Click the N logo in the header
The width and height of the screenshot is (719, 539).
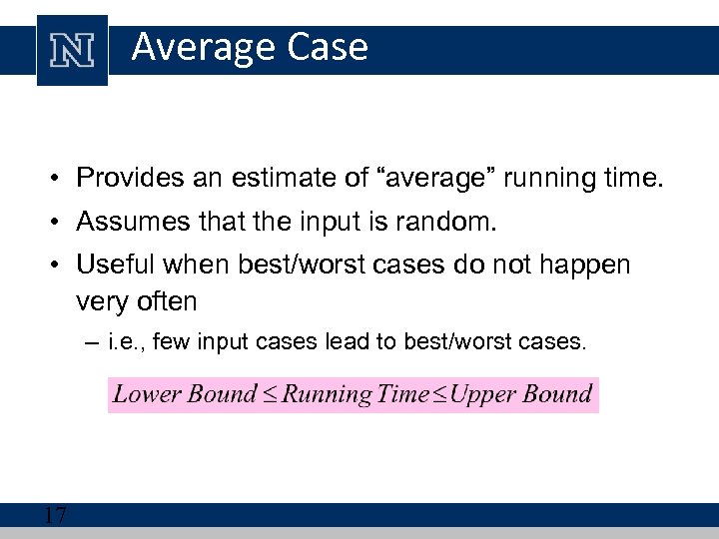click(x=72, y=49)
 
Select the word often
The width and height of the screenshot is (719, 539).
click(x=164, y=300)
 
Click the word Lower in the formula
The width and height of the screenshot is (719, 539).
click(x=147, y=393)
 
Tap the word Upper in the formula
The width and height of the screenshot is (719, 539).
click(x=487, y=394)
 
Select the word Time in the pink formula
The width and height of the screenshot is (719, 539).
click(x=403, y=393)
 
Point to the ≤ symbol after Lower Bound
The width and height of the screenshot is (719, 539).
click(x=270, y=394)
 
